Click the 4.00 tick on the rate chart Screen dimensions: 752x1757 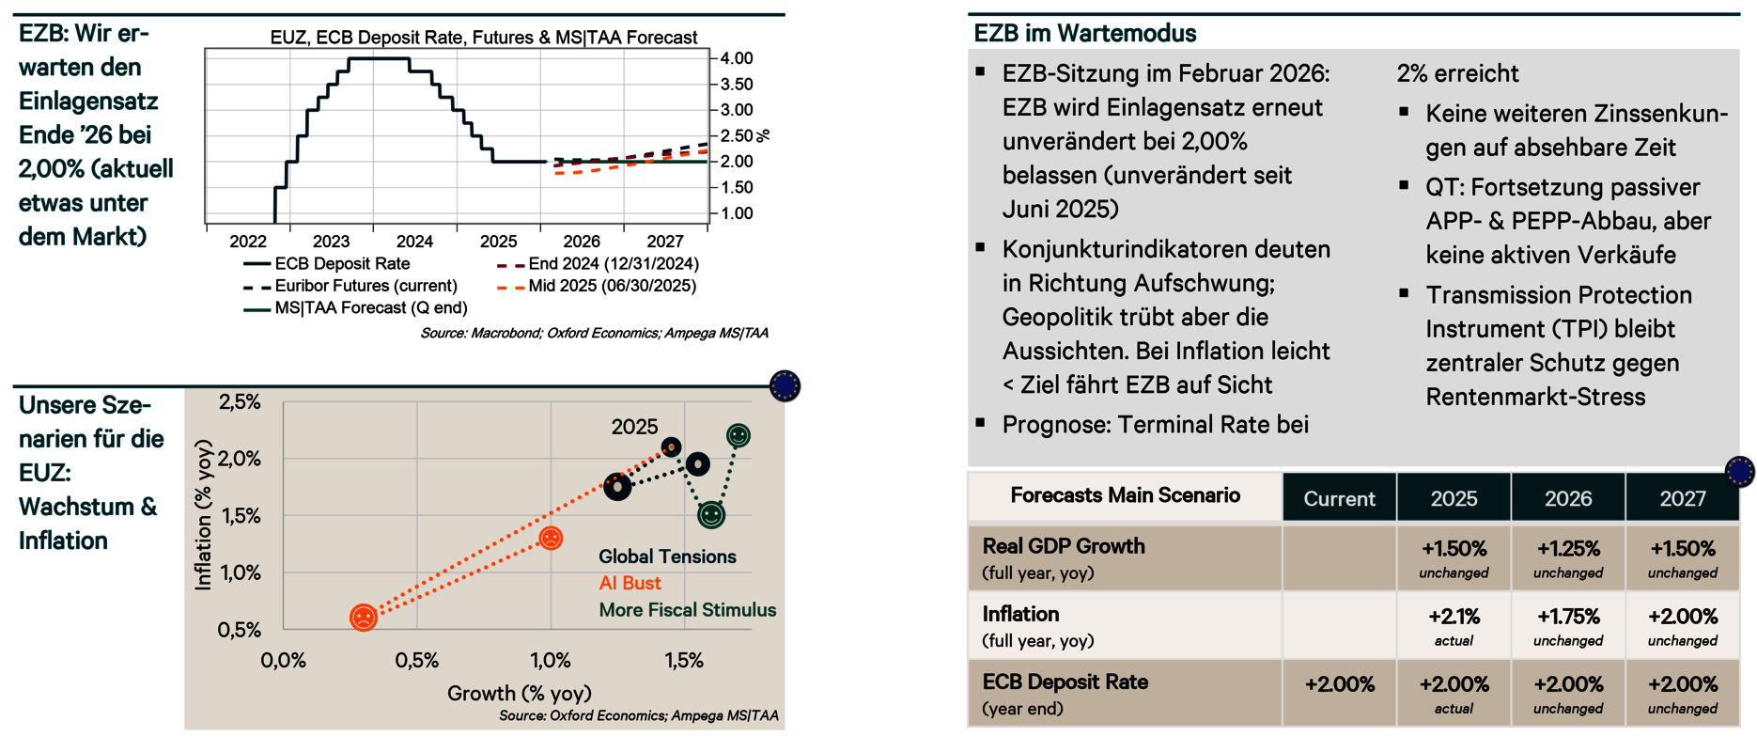click(737, 58)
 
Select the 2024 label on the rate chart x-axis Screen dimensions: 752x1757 click(414, 242)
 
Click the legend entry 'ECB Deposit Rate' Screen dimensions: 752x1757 click(342, 264)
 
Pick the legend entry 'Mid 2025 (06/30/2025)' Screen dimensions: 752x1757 click(612, 286)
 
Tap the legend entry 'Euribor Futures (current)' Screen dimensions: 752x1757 click(365, 286)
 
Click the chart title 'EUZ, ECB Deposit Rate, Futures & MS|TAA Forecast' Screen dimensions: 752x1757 click(483, 38)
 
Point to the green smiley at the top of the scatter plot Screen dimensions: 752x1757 click(739, 435)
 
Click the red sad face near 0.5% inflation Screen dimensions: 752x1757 click(364, 617)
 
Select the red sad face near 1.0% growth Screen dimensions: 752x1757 click(552, 538)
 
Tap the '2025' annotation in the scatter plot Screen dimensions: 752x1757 click(634, 427)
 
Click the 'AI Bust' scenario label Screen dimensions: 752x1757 click(630, 583)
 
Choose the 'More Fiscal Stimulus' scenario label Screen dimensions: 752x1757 click(687, 610)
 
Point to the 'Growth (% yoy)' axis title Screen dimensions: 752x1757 click(519, 694)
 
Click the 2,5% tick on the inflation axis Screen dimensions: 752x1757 click(240, 402)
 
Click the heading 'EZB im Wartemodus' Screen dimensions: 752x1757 click(1084, 34)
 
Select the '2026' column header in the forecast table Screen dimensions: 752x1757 click(1568, 498)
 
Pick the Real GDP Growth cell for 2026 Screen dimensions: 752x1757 click(1568, 557)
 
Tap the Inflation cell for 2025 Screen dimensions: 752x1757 click(1454, 625)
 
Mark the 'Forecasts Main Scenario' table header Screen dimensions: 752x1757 click(1125, 495)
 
